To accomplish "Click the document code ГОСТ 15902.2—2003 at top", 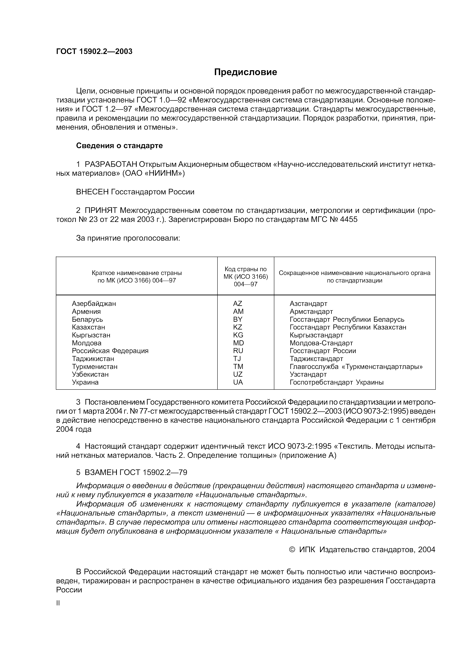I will coord(94,51).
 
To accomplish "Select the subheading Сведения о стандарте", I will coord(119,146).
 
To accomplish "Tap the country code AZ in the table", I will coord(238,304).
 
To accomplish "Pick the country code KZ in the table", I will coord(238,327).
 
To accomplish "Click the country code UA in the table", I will coord(238,382).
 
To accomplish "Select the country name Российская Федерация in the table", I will coord(110,351).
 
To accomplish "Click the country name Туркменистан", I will coord(95,367).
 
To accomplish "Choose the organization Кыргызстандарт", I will coord(316,335).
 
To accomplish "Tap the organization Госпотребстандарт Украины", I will coord(336,382).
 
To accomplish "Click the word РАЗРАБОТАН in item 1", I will coord(111,164).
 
